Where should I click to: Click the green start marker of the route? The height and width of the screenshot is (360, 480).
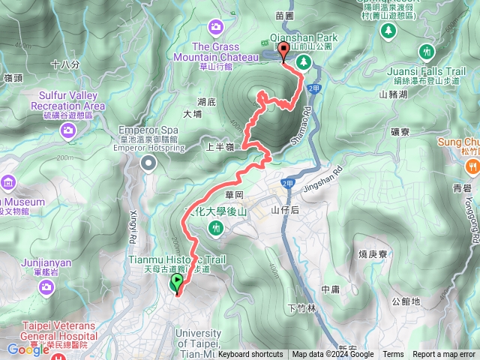177,283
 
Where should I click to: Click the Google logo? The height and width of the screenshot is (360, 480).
28,349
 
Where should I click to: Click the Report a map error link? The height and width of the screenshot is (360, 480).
444,355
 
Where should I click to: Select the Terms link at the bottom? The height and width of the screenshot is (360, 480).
393,355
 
